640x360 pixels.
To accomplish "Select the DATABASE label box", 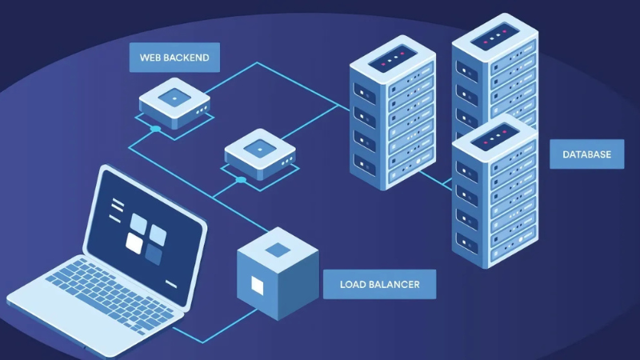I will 586,154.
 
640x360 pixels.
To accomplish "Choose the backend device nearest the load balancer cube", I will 260,153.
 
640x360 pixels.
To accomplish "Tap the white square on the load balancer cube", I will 257,285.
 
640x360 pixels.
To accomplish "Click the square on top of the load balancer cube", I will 278,249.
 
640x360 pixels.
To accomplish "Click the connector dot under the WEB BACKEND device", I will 155,129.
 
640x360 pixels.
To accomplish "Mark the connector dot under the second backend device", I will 241,180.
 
